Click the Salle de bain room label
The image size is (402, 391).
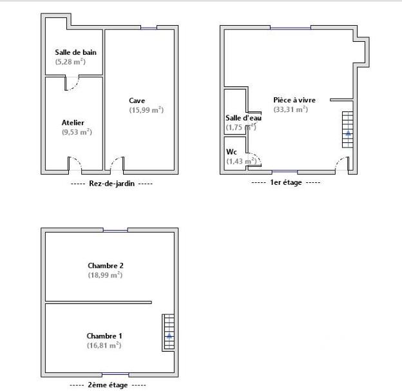(x=75, y=52)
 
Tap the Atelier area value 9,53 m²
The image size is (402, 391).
(x=76, y=132)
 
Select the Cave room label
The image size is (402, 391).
(x=137, y=100)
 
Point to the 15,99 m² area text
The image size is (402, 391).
(x=146, y=110)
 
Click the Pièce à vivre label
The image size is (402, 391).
(x=294, y=100)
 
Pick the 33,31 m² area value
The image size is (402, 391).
(x=291, y=110)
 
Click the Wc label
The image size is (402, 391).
(x=231, y=152)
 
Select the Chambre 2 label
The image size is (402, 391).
(x=105, y=265)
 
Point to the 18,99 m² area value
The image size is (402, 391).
(x=105, y=275)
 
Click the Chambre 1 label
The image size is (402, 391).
(x=104, y=336)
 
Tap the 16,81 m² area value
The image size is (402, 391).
(x=104, y=345)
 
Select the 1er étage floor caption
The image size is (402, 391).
(x=285, y=183)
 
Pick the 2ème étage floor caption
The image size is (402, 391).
(x=107, y=385)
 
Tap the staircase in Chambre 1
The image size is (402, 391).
(x=168, y=332)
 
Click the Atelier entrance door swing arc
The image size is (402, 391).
(x=74, y=165)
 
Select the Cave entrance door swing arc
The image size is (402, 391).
(x=117, y=165)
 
